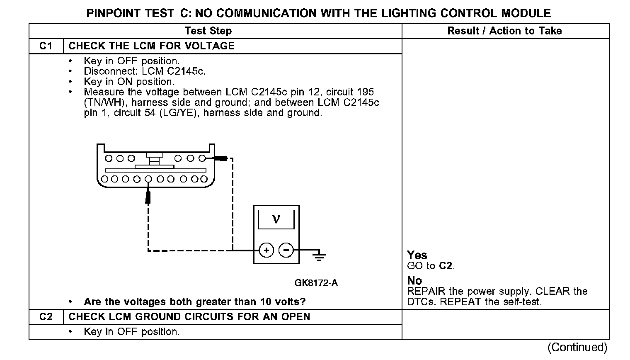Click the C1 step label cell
point(46,46)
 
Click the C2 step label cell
point(46,317)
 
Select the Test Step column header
point(208,31)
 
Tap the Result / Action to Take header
point(504,31)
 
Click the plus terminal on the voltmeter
point(267,250)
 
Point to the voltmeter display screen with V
point(276,219)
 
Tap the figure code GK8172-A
point(316,283)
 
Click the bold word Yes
point(417,255)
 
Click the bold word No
point(414,281)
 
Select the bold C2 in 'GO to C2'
point(446,266)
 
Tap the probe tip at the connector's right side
point(219,158)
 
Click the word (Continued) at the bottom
point(577,347)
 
